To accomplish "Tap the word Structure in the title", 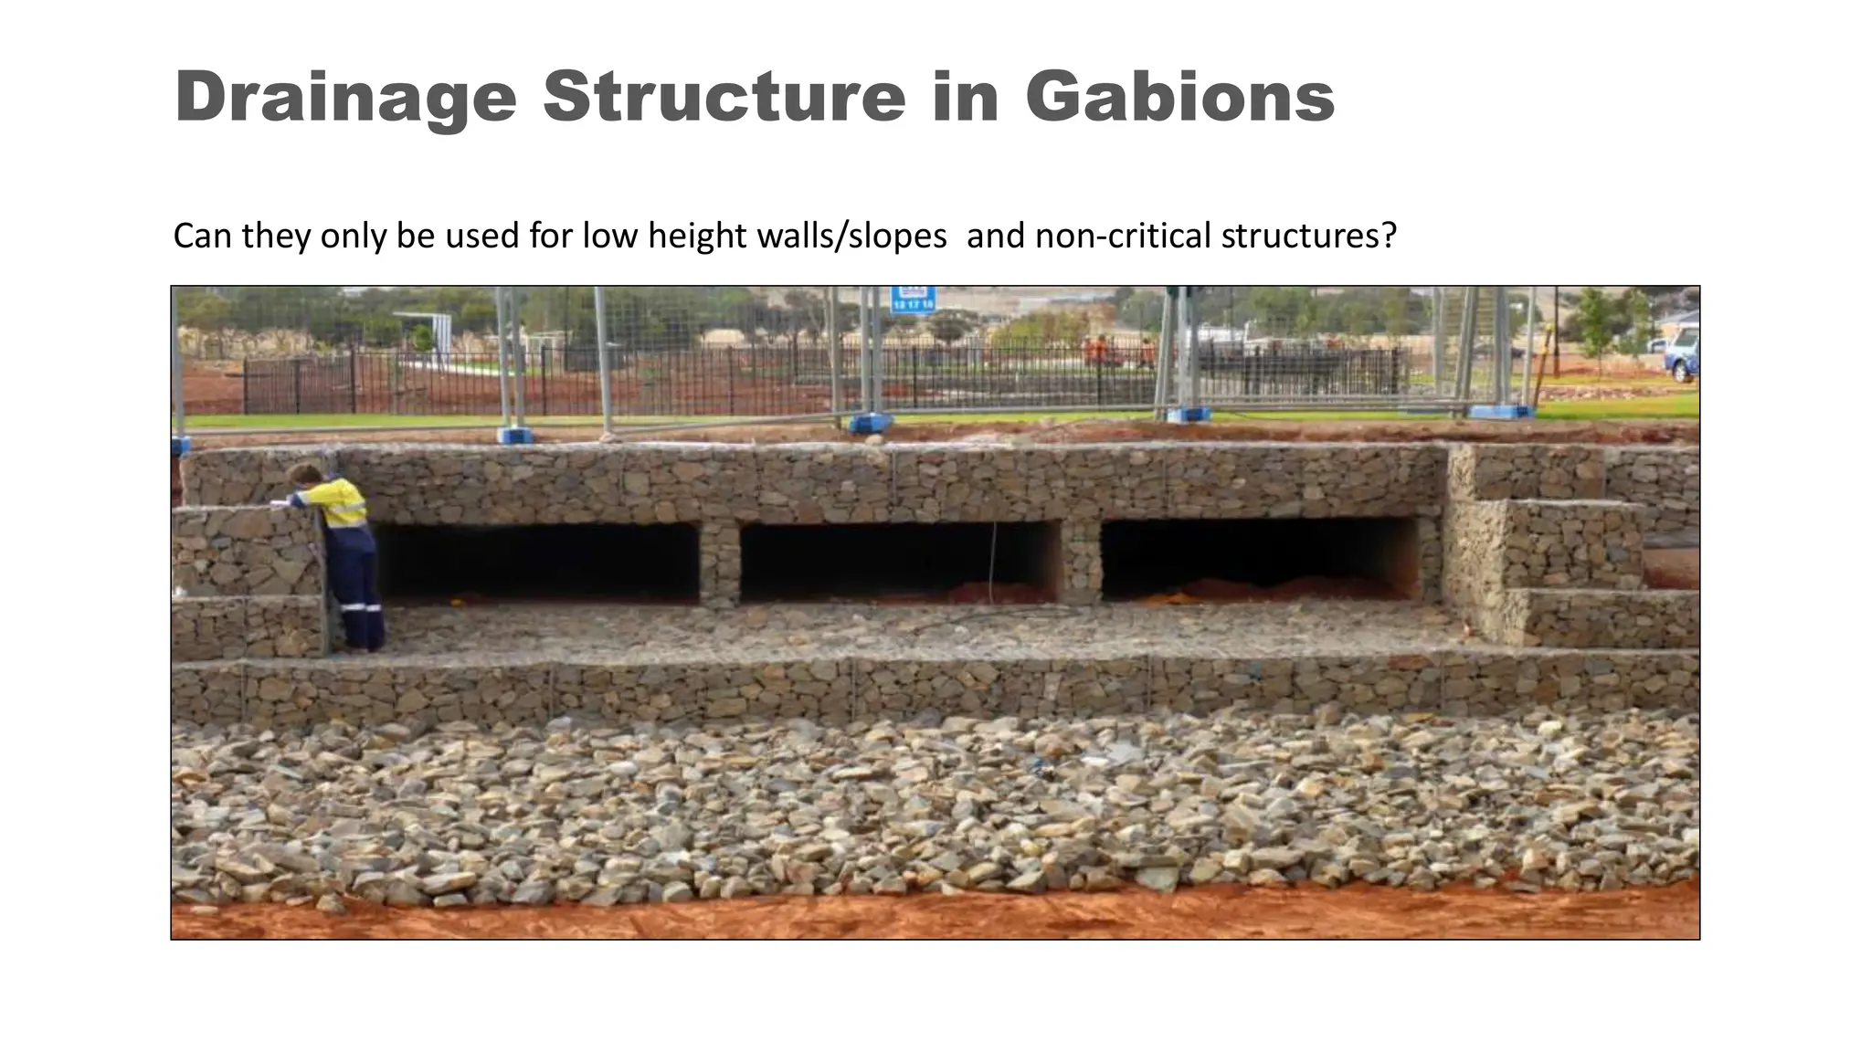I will pyautogui.click(x=724, y=96).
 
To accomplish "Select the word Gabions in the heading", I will pyautogui.click(x=1179, y=96).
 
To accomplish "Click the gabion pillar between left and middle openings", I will pyautogui.click(x=719, y=562).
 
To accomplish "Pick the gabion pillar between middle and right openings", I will pyautogui.click(x=1081, y=560).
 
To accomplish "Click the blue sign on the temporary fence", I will pyautogui.click(x=913, y=299).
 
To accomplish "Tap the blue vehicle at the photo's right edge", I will pyautogui.click(x=1682, y=356).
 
